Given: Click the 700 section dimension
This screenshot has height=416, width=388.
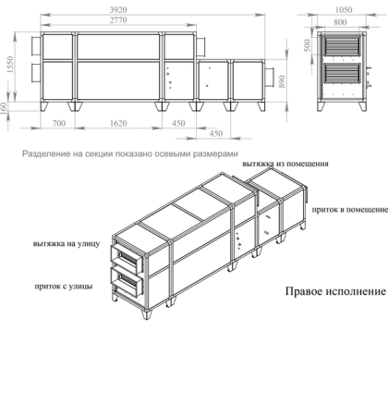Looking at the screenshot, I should (x=58, y=122).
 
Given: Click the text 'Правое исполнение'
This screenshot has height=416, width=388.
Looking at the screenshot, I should (x=335, y=290).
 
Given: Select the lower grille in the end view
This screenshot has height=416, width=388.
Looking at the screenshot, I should (x=344, y=77).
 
